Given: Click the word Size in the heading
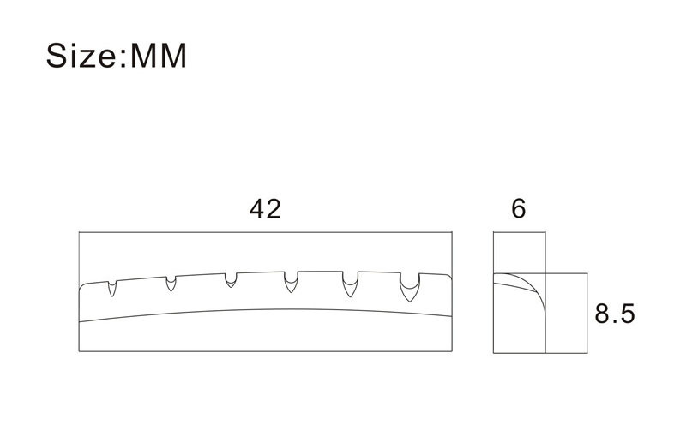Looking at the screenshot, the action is click(x=80, y=56).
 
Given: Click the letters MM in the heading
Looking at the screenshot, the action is click(x=159, y=56).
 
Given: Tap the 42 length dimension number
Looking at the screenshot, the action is click(x=265, y=209).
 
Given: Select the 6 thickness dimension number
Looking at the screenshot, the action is click(x=519, y=209).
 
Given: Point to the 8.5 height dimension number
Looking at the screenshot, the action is click(x=614, y=314).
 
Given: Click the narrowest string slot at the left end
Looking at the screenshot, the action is click(x=112, y=289).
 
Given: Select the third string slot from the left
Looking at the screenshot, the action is click(x=231, y=280).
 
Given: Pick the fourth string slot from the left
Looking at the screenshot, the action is click(x=291, y=282).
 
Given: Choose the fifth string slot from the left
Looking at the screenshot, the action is click(x=350, y=284).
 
